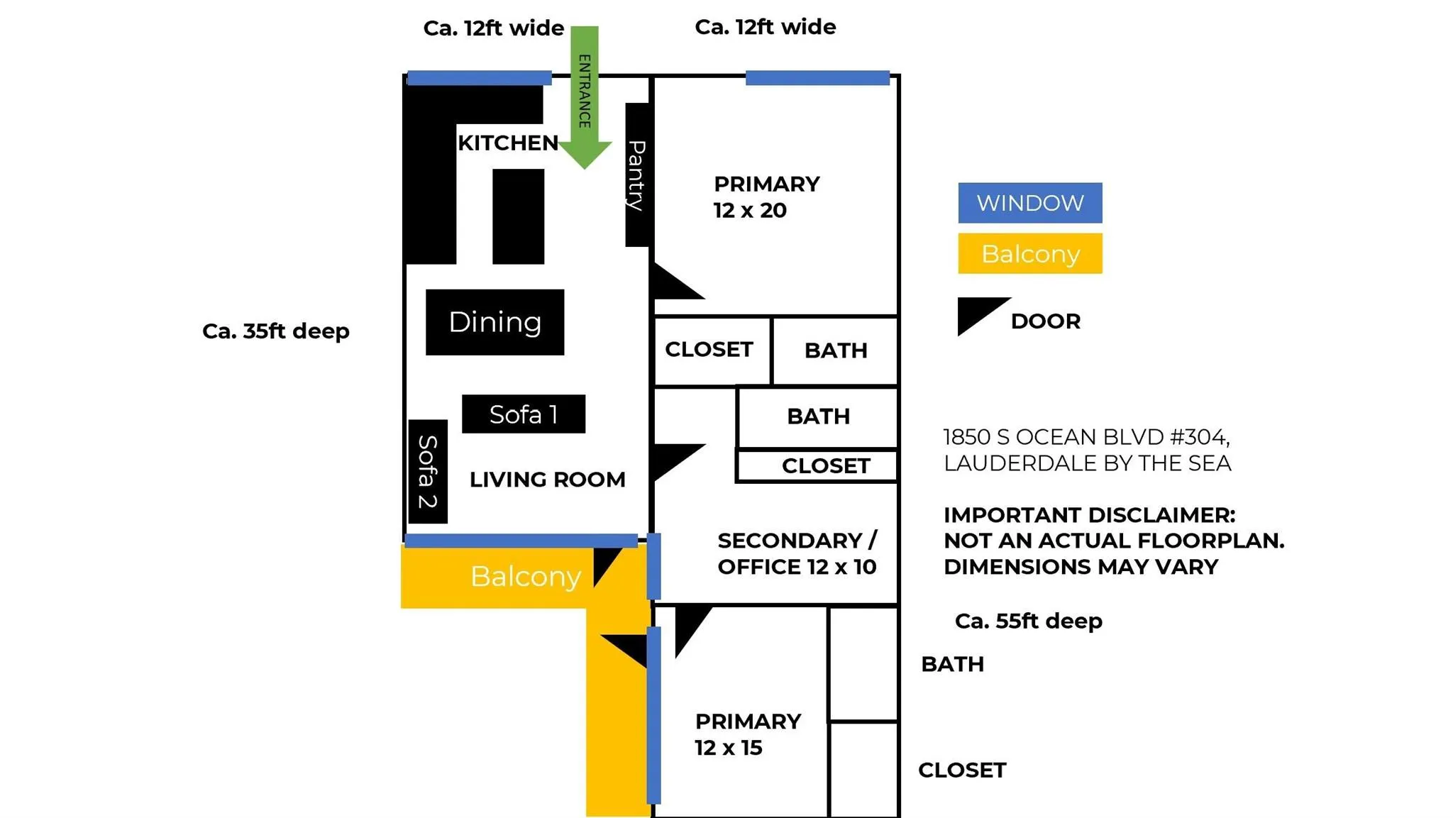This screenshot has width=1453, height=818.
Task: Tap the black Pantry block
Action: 636,175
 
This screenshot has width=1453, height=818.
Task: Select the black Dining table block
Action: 495,322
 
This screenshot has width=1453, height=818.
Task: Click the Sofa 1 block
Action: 524,414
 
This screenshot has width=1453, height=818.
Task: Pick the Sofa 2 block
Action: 428,472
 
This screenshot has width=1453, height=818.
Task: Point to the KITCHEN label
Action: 507,143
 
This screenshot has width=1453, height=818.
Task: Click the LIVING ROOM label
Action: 547,480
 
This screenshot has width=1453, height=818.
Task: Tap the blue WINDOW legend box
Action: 1029,203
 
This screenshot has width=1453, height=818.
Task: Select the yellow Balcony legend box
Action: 1029,253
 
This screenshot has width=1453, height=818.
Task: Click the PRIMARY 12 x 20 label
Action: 766,197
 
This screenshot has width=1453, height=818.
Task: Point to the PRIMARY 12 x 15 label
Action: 747,734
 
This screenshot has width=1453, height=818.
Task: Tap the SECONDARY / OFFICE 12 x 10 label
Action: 797,553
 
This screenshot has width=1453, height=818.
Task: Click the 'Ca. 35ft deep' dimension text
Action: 275,331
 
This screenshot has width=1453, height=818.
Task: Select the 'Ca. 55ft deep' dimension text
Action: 1028,621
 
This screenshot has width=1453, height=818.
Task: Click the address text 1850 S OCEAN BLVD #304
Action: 1086,437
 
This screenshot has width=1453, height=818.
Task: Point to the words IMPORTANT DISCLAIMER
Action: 1089,515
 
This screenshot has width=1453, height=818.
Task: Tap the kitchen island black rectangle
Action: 518,216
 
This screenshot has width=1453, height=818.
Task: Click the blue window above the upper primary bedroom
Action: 817,78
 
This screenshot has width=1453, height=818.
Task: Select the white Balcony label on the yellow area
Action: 525,576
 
